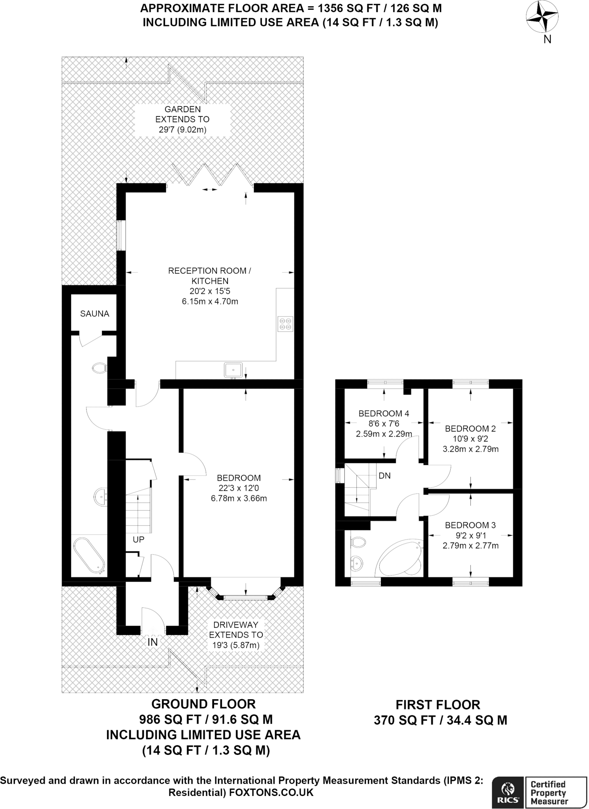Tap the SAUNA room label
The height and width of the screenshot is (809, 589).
94,314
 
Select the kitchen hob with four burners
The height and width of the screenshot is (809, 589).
285,324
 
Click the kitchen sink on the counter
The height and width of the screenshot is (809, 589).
233,370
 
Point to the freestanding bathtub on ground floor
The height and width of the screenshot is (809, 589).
89,555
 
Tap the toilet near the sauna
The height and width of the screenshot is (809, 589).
100,368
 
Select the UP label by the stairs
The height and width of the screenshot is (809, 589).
138,539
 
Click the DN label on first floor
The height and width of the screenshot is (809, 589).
384,476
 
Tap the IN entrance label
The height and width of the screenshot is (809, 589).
152,642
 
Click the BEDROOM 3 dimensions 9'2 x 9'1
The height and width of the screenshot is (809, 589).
470,535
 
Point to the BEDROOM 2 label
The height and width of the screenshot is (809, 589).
470,429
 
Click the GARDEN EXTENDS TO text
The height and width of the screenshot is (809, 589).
183,114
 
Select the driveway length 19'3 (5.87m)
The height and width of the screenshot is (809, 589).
236,645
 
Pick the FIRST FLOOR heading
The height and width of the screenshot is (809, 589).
438,704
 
